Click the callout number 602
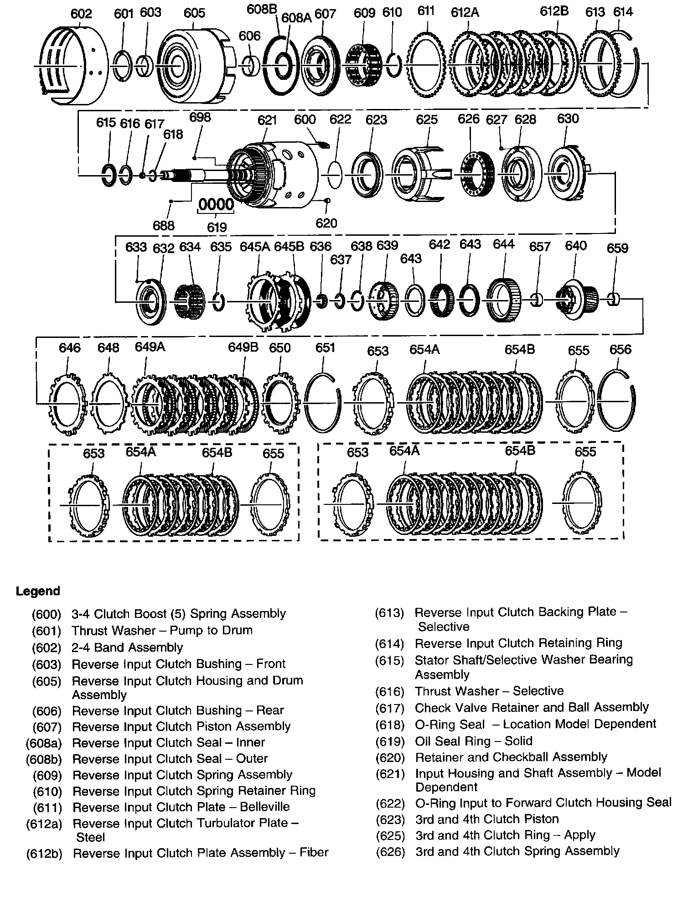click(81, 14)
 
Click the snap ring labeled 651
click(322, 404)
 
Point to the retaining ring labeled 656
click(615, 401)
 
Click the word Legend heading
click(38, 591)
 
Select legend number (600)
click(46, 614)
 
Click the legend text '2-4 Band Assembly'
click(127, 647)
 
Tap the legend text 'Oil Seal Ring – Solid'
click(473, 741)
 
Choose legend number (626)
click(390, 851)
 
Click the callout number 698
click(200, 117)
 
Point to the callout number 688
click(164, 225)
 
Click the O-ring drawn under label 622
click(335, 174)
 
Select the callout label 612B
click(554, 11)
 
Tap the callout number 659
click(617, 248)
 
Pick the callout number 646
click(69, 348)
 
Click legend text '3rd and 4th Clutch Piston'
click(487, 819)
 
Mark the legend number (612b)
click(44, 853)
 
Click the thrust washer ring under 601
click(122, 66)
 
